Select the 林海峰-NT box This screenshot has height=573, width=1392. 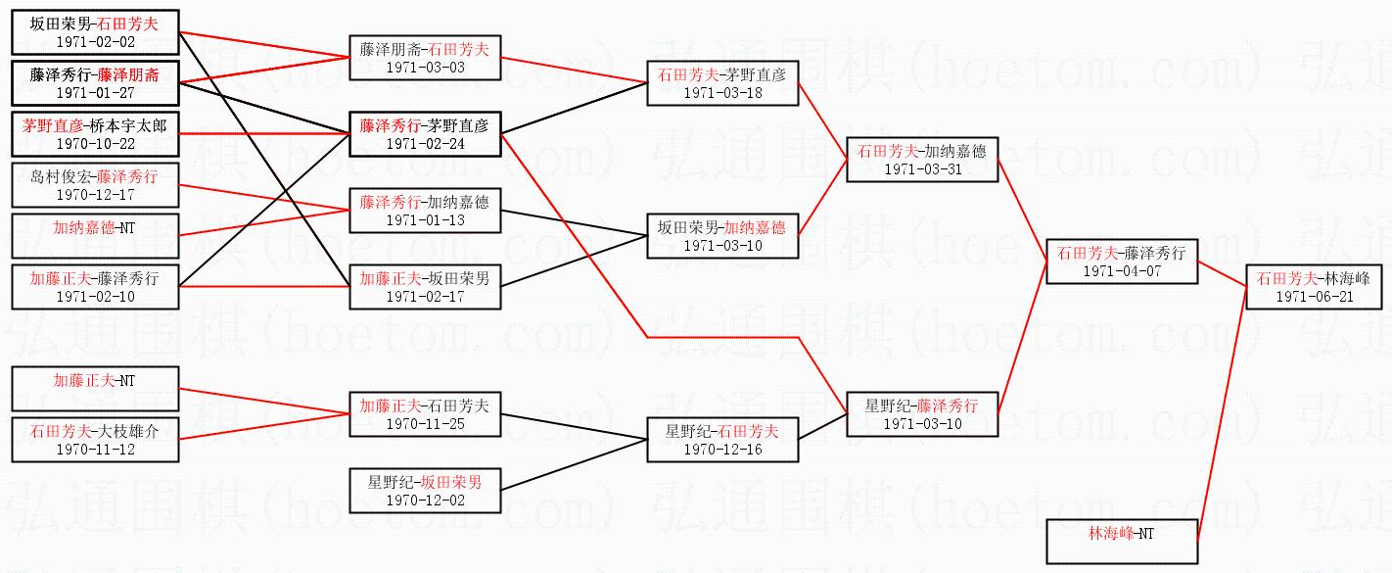coord(1121,542)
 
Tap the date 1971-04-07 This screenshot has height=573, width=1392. coord(1121,271)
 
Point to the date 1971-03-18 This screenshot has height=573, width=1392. coord(722,93)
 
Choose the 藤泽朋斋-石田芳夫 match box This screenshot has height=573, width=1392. coord(424,58)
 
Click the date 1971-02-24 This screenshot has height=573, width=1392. coord(424,143)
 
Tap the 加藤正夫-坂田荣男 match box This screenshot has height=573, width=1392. coord(424,287)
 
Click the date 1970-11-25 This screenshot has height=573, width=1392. coord(424,423)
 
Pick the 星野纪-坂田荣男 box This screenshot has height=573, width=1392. coord(424,491)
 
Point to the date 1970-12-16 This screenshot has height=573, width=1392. coord(722,450)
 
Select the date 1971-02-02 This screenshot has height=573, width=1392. coord(95,43)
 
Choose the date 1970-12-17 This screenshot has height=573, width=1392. coord(95,194)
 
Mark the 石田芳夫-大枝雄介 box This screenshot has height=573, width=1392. coord(95,440)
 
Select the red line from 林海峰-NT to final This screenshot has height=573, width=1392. coord(1222,412)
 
